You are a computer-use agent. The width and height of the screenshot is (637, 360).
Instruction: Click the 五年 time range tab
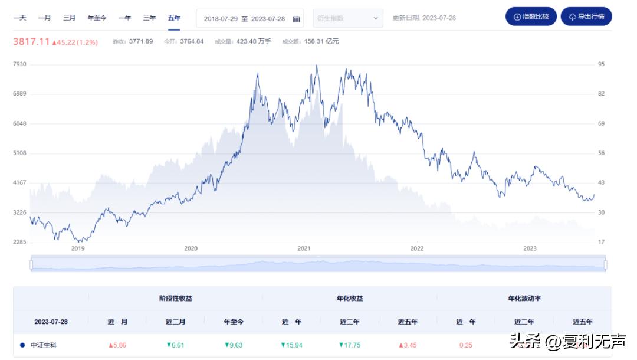click(x=174, y=18)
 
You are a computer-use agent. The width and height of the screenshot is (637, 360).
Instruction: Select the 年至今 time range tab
click(x=97, y=18)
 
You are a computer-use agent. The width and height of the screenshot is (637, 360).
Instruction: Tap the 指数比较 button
click(x=531, y=17)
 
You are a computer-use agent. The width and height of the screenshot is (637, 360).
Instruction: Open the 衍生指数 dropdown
click(x=347, y=18)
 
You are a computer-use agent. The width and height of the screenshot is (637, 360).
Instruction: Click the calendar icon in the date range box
click(x=296, y=19)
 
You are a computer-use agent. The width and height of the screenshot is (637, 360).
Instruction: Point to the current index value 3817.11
click(x=31, y=42)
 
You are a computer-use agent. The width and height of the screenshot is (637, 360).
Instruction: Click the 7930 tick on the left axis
click(x=19, y=64)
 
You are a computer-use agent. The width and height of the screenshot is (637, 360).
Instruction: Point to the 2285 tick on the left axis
click(x=19, y=242)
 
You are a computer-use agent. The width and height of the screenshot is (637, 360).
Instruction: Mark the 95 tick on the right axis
click(x=601, y=64)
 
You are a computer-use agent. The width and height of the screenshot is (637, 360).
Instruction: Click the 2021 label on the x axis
click(x=304, y=248)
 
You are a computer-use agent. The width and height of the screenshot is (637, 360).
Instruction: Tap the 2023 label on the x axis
click(x=530, y=248)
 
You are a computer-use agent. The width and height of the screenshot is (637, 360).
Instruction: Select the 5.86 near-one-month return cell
click(x=118, y=345)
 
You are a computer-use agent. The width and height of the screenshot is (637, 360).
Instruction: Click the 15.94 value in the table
click(x=291, y=345)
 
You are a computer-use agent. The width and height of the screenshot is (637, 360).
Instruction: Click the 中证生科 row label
click(x=44, y=345)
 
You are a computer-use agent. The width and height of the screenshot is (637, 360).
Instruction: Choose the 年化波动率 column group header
click(x=524, y=299)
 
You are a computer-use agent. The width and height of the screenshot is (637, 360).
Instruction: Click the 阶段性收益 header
click(x=176, y=299)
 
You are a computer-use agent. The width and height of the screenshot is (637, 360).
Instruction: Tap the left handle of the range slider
click(x=31, y=265)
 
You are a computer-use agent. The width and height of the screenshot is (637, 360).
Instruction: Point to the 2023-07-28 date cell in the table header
click(x=51, y=322)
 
